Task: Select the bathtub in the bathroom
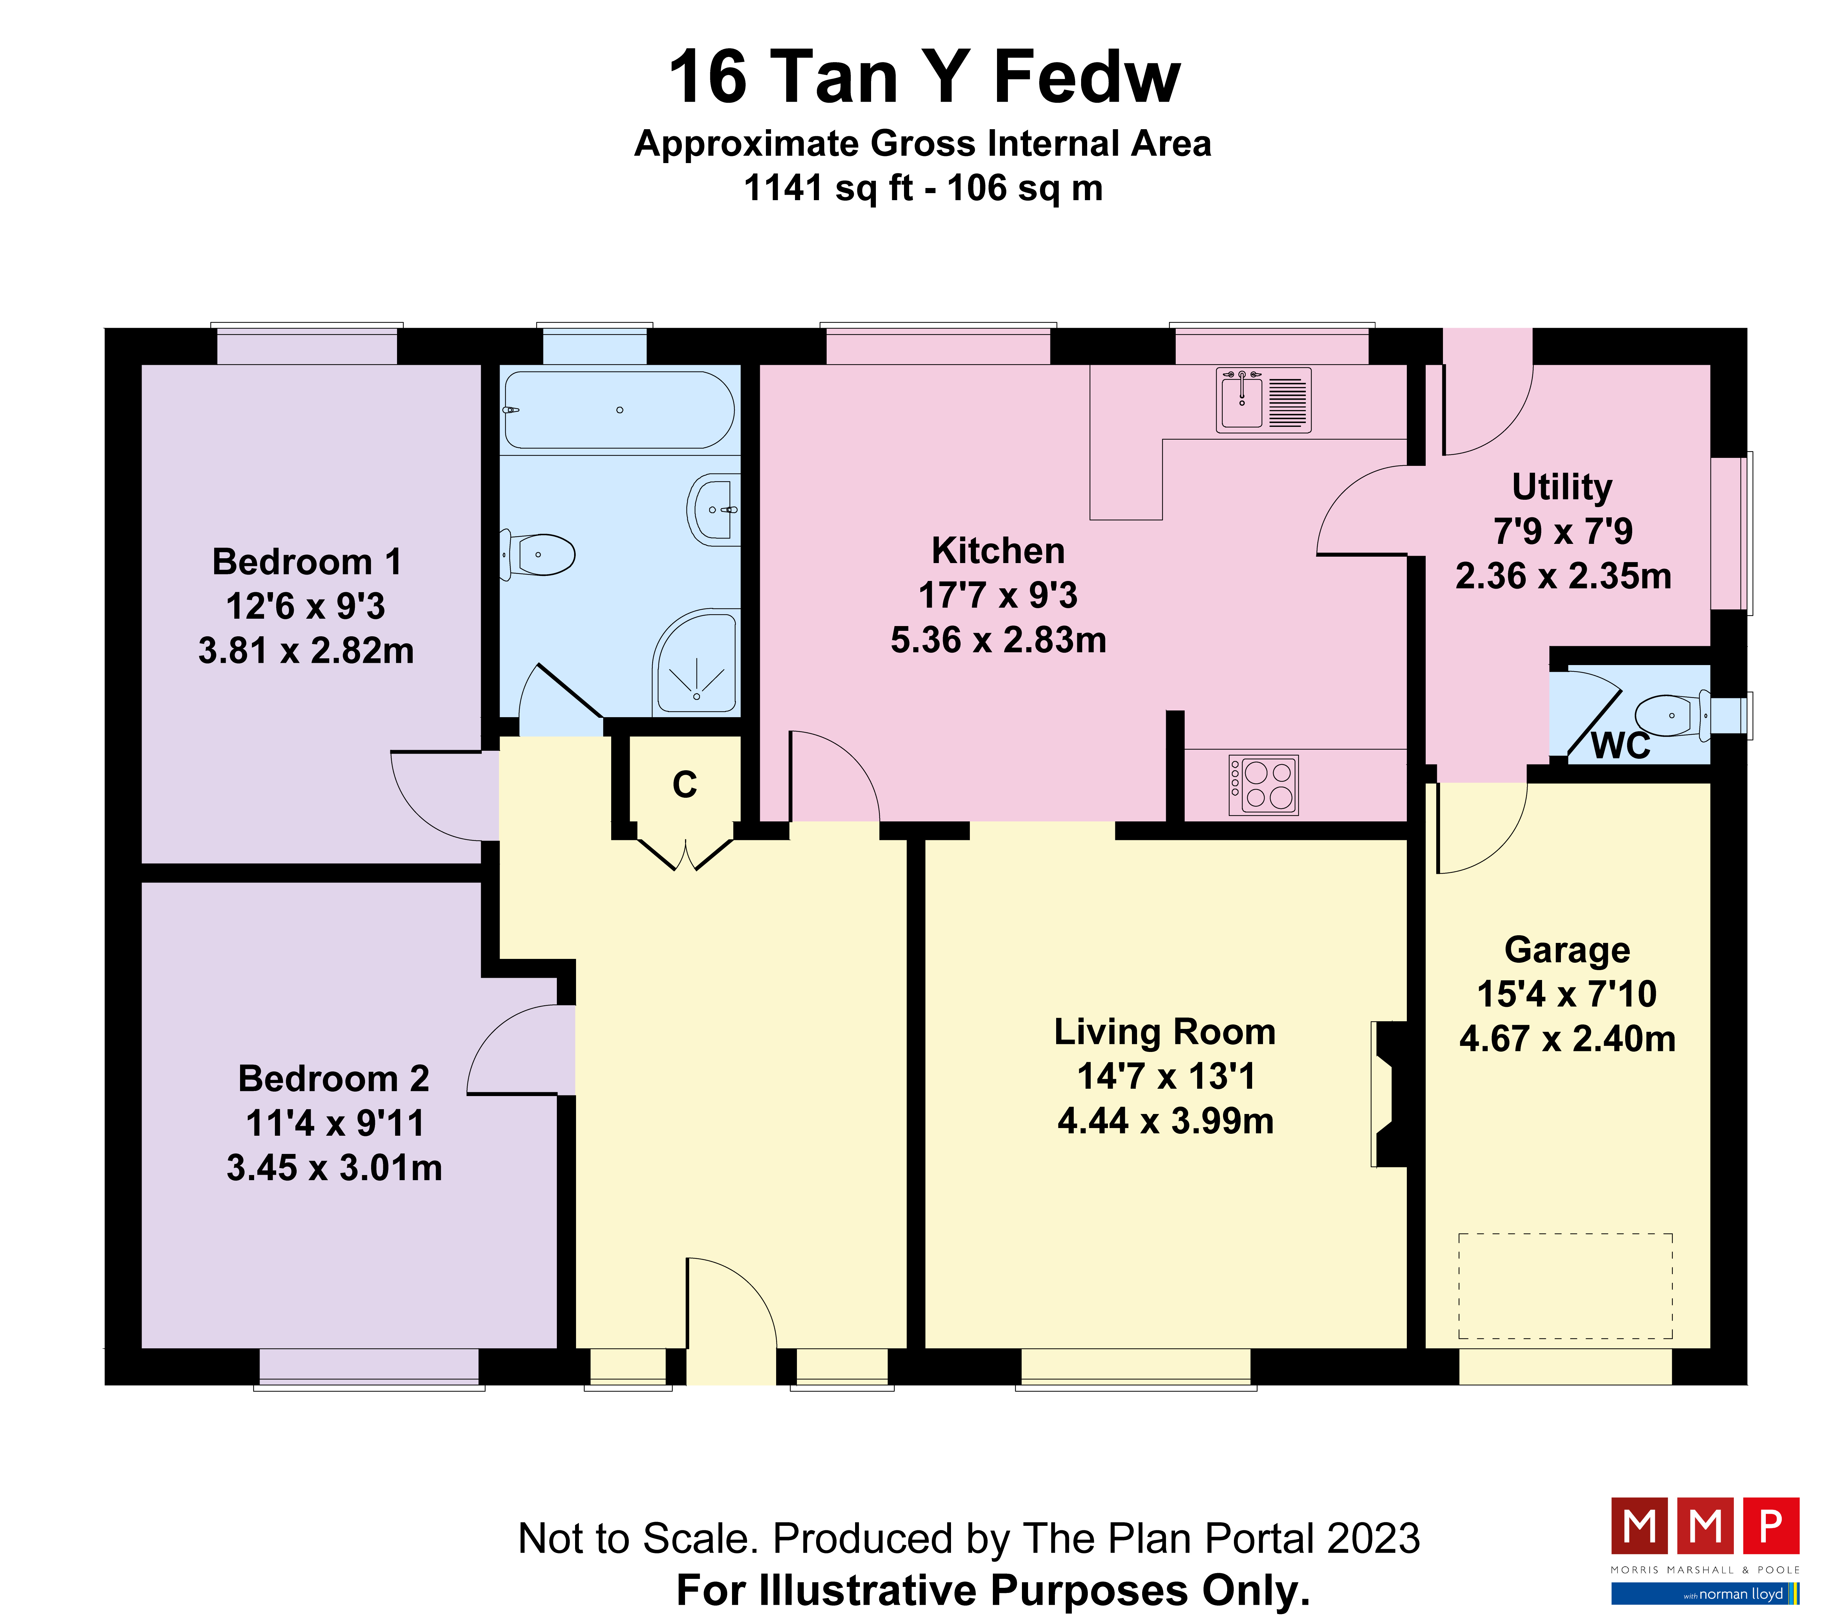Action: pos(619,410)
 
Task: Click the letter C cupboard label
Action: pos(685,784)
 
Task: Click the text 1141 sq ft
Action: pos(829,188)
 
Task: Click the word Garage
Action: pos(1567,950)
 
